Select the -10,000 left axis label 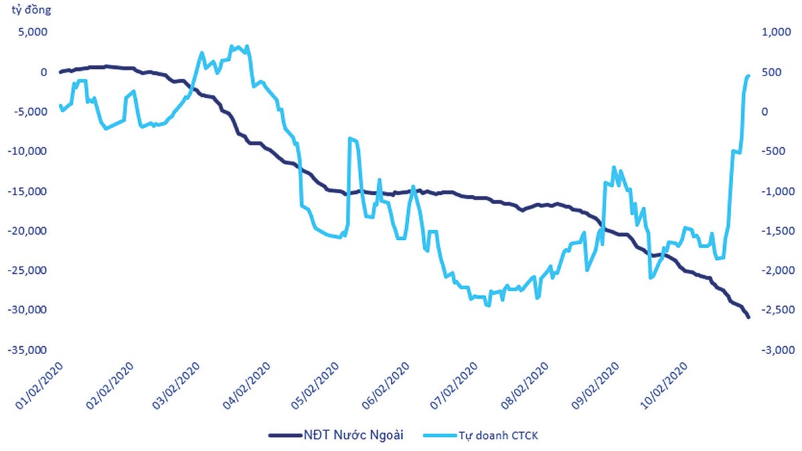[25, 151]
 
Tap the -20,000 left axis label [25, 231]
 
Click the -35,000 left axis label [25, 349]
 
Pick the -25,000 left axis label [25, 270]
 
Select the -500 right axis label [774, 151]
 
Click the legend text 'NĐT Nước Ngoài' [358, 436]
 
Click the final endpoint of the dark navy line [749, 317]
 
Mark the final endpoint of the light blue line [749, 76]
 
